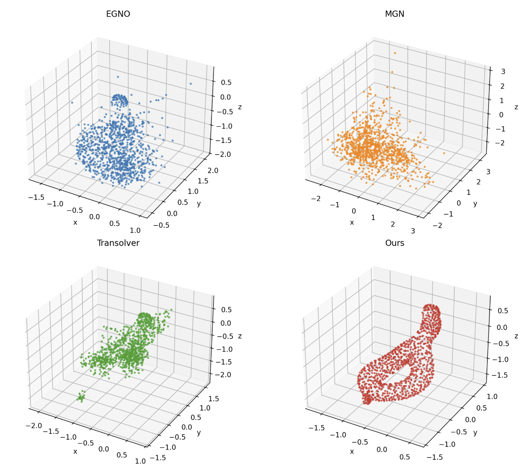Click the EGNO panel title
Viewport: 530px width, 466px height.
pyautogui.click(x=118, y=14)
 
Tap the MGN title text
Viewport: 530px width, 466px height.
pyautogui.click(x=394, y=14)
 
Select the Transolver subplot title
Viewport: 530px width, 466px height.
pyautogui.click(x=118, y=243)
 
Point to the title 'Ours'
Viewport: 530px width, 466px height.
pyautogui.click(x=394, y=243)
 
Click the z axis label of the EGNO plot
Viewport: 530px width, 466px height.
pyautogui.click(x=240, y=107)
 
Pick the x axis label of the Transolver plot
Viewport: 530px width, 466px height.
pyautogui.click(x=75, y=451)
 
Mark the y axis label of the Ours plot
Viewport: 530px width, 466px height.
pyautogui.click(x=475, y=433)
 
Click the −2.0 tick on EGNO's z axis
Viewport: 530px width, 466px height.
pyautogui.click(x=224, y=154)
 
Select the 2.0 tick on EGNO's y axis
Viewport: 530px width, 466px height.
pyautogui.click(x=213, y=170)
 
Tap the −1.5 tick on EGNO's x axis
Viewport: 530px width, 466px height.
pyautogui.click(x=36, y=197)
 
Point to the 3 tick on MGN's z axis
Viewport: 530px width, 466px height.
pyautogui.click(x=503, y=71)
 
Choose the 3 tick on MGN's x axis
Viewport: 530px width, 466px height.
pyautogui.click(x=413, y=231)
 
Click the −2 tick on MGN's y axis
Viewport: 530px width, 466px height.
pyautogui.click(x=437, y=225)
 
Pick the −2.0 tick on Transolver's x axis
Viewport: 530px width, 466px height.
pyautogui.click(x=34, y=426)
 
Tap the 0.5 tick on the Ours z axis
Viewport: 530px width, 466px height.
pyautogui.click(x=502, y=311)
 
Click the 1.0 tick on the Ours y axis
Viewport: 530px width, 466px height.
pyautogui.click(x=492, y=396)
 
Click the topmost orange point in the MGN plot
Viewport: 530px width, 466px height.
pyautogui.click(x=395, y=53)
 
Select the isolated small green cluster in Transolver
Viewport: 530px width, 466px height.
pyautogui.click(x=81, y=397)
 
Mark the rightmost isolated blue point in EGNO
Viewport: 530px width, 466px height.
pyautogui.click(x=191, y=84)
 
